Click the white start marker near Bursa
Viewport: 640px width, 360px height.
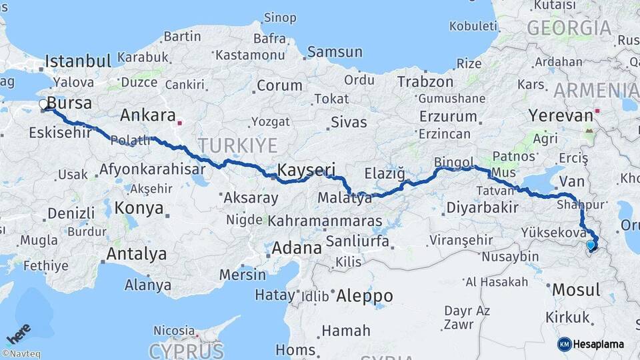[44, 105]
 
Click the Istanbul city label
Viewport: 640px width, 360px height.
[77, 62]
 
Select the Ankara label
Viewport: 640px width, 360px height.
[147, 115]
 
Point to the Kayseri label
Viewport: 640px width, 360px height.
[306, 169]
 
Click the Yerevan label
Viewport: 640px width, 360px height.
[561, 115]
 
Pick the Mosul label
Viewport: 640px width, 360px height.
[577, 290]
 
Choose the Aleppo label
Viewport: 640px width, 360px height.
[365, 295]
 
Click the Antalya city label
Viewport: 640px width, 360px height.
[136, 254]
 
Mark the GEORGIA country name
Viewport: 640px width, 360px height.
[569, 28]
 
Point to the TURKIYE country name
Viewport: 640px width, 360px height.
[237, 145]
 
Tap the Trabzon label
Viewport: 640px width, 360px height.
[425, 81]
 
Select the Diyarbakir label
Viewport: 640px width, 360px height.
[481, 207]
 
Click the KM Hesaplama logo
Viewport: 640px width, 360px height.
[591, 344]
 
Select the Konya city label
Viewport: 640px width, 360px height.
[139, 208]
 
